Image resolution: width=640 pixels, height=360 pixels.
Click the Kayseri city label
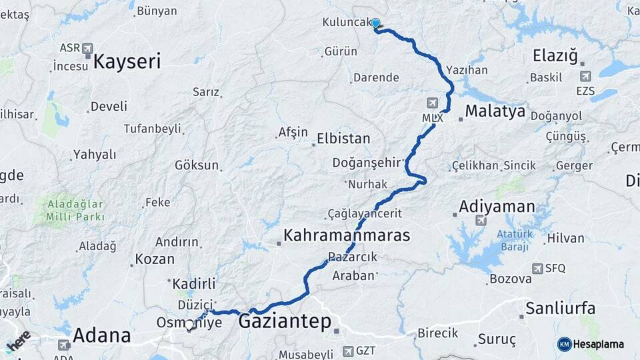click(127, 62)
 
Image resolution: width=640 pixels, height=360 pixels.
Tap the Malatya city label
click(495, 111)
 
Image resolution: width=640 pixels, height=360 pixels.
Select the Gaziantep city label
click(285, 322)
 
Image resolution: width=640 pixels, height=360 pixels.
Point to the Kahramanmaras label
click(347, 235)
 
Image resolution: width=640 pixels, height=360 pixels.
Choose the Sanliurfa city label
click(560, 308)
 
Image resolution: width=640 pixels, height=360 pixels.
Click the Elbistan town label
click(343, 139)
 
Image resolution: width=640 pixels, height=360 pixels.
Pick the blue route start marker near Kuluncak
click(375, 24)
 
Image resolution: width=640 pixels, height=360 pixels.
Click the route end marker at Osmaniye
click(190, 326)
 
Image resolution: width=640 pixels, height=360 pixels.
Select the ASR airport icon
click(87, 49)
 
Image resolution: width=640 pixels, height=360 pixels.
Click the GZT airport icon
click(347, 351)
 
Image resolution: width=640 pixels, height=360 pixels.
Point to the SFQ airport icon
click(537, 268)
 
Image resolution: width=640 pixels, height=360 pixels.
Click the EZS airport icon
click(585, 77)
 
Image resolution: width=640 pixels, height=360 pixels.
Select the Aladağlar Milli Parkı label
click(75, 211)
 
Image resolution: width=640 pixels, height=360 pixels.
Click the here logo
click(18, 341)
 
